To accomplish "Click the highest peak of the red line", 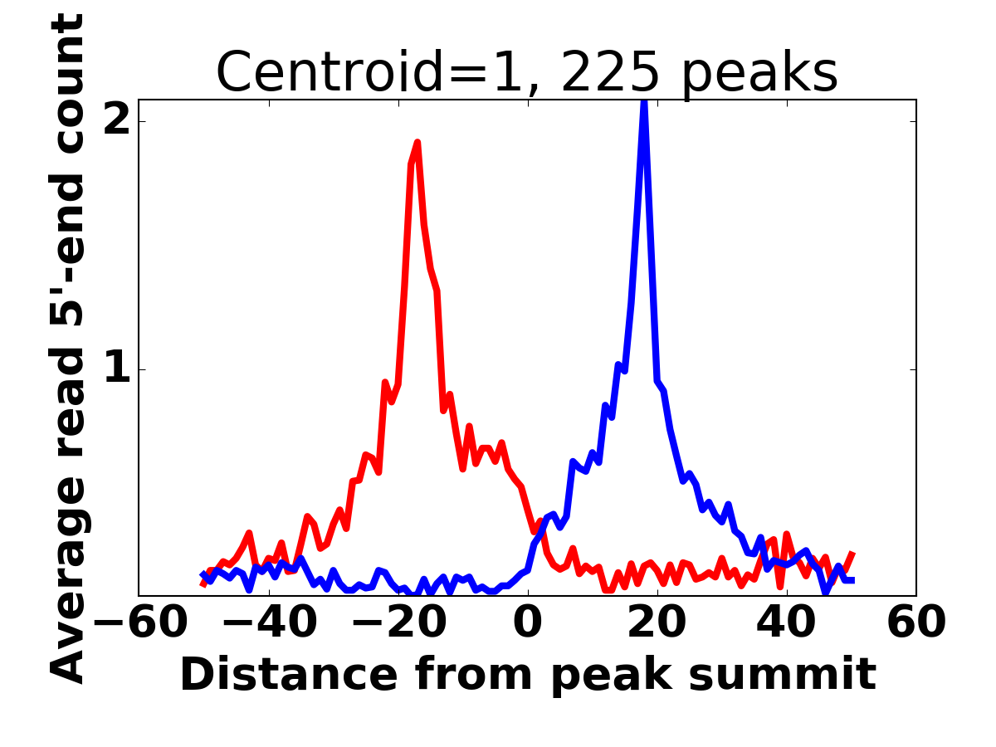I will click(x=417, y=143).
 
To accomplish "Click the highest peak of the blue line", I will click(x=644, y=102).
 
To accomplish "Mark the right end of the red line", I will click(x=852, y=554).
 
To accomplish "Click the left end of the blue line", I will click(x=203, y=574).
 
